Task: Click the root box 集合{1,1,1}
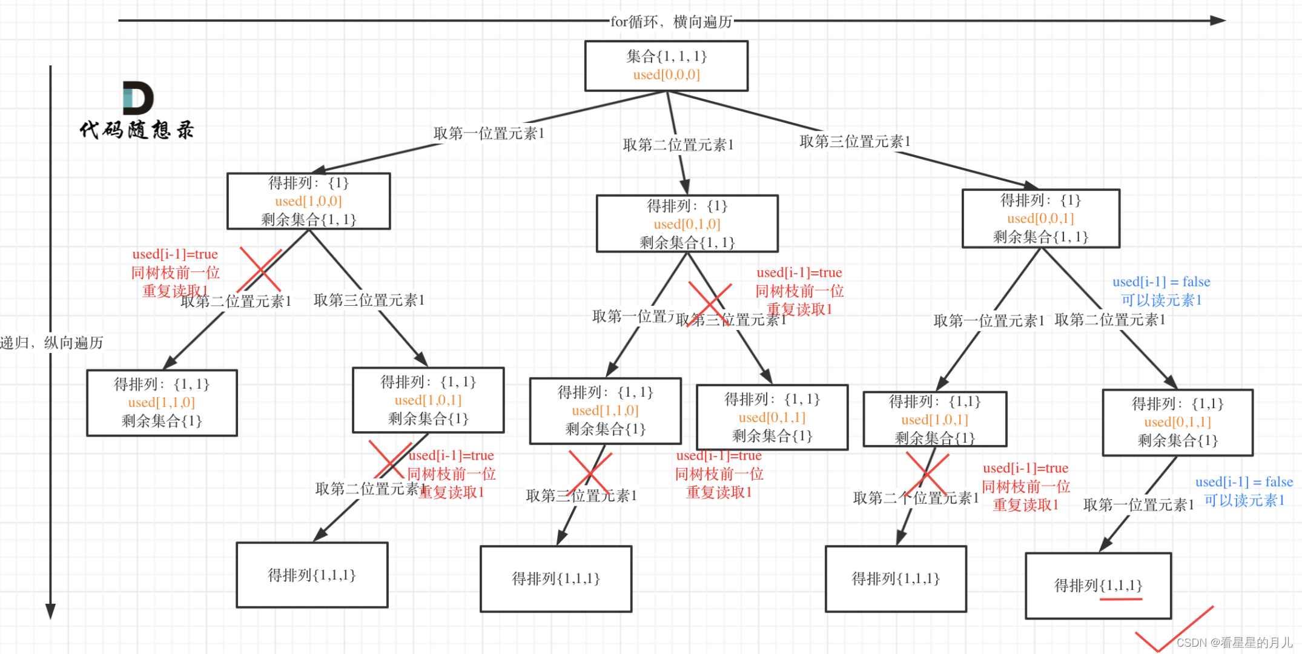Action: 666,65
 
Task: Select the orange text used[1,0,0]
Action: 308,201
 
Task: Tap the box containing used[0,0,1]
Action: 1040,219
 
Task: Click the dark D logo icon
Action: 137,97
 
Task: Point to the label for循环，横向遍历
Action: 671,22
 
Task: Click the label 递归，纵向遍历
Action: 52,343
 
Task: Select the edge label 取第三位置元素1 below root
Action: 854,141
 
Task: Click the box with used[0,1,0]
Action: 687,223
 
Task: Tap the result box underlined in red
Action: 1098,586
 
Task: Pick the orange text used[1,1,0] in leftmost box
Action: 161,403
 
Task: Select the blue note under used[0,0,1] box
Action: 1161,291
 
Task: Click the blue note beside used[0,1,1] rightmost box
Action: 1244,491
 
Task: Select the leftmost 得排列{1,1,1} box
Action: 312,575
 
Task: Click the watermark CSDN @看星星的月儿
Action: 1234,642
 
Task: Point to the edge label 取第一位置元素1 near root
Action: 489,133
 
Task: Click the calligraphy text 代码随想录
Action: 137,130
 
